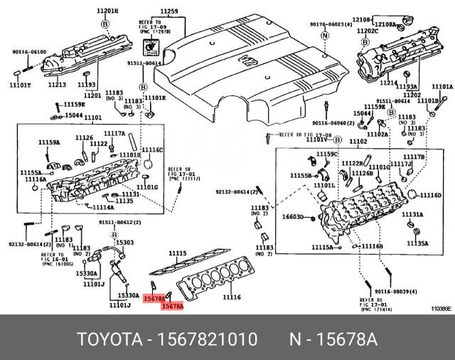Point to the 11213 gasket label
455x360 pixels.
tap(58, 85)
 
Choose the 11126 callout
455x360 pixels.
tap(84, 137)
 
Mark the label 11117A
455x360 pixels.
tap(114, 133)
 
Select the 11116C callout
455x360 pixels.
tap(152, 150)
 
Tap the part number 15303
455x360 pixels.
tap(125, 243)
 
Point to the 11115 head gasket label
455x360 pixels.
tap(177, 253)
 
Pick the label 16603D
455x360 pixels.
tap(293, 217)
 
